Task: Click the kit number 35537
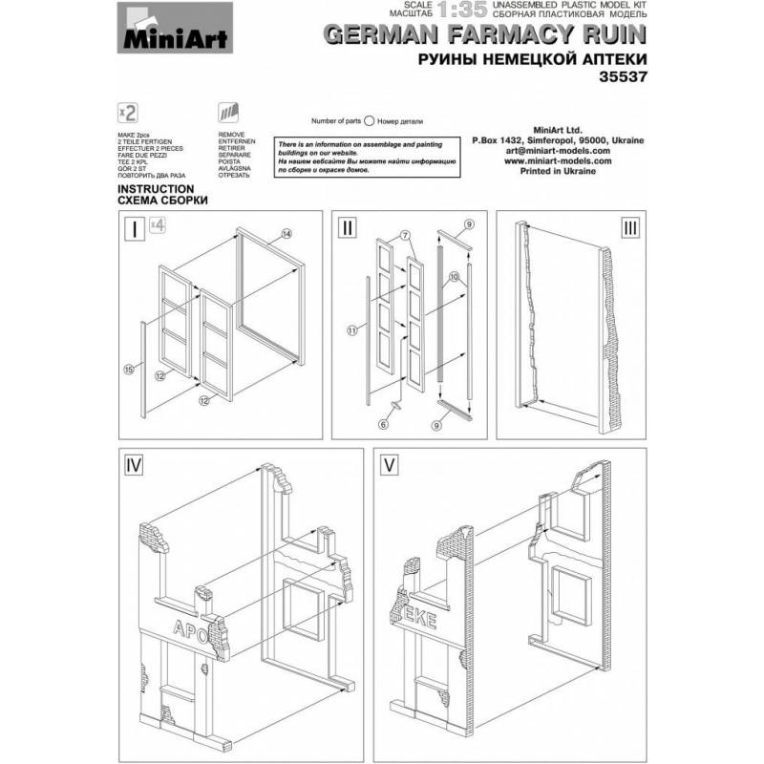coord(622,79)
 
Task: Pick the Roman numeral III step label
coord(630,228)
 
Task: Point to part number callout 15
coord(128,368)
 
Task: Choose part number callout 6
coord(384,424)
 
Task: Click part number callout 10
coord(456,276)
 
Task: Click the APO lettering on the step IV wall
coord(189,626)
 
